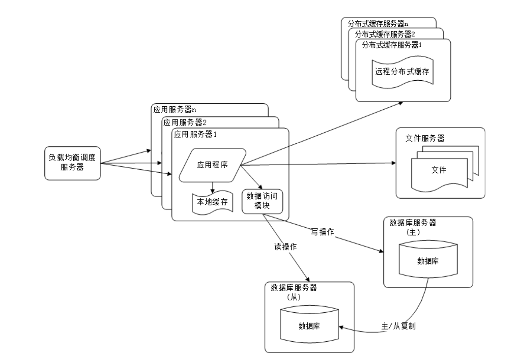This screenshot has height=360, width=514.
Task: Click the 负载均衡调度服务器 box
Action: [x=72, y=163]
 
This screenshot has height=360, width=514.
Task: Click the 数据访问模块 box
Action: [x=262, y=201]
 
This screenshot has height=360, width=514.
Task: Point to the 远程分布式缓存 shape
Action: [x=402, y=72]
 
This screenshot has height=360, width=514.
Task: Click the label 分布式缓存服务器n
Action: [x=378, y=24]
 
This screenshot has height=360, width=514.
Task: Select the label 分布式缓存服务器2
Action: [x=385, y=34]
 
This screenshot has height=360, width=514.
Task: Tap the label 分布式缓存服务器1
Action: [x=392, y=45]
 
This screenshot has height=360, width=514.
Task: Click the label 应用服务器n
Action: [x=175, y=110]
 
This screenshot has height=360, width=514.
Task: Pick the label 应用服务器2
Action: [x=185, y=122]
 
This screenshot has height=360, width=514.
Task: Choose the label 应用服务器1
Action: [x=195, y=135]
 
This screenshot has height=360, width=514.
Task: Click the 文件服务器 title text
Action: [x=425, y=139]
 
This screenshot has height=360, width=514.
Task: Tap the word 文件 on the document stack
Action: [x=439, y=170]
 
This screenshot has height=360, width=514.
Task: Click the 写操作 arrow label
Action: [x=322, y=232]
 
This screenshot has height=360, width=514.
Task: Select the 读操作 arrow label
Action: [x=285, y=247]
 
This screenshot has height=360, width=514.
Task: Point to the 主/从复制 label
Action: [x=398, y=326]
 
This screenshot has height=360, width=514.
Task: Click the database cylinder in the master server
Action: [x=428, y=261]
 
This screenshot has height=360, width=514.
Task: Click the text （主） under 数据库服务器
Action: [x=413, y=232]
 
